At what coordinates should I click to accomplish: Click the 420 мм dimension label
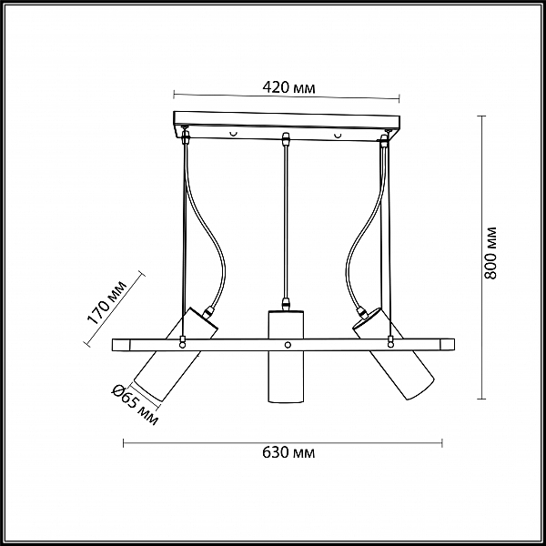pos(288,87)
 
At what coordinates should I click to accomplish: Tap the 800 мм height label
pos(491,253)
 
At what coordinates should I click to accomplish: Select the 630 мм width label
pos(288,452)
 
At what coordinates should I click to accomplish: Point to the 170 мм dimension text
pos(106,302)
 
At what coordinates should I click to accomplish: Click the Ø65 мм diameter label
pos(135,405)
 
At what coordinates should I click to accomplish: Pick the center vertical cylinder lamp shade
pos(286,357)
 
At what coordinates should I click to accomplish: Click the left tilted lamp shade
pos(176,354)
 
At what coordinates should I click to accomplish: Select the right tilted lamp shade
pos(394,353)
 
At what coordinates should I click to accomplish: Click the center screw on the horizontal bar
pos(288,345)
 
